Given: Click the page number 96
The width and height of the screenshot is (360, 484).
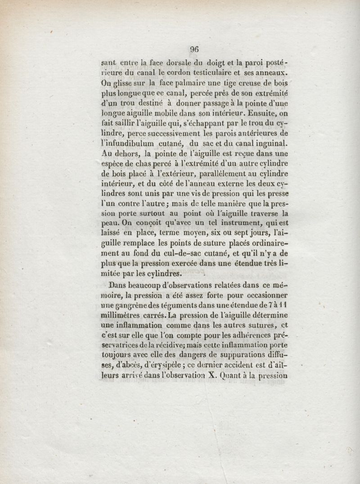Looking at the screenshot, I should pos(194,50).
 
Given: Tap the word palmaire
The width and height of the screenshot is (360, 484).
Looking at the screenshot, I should pos(167,83).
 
